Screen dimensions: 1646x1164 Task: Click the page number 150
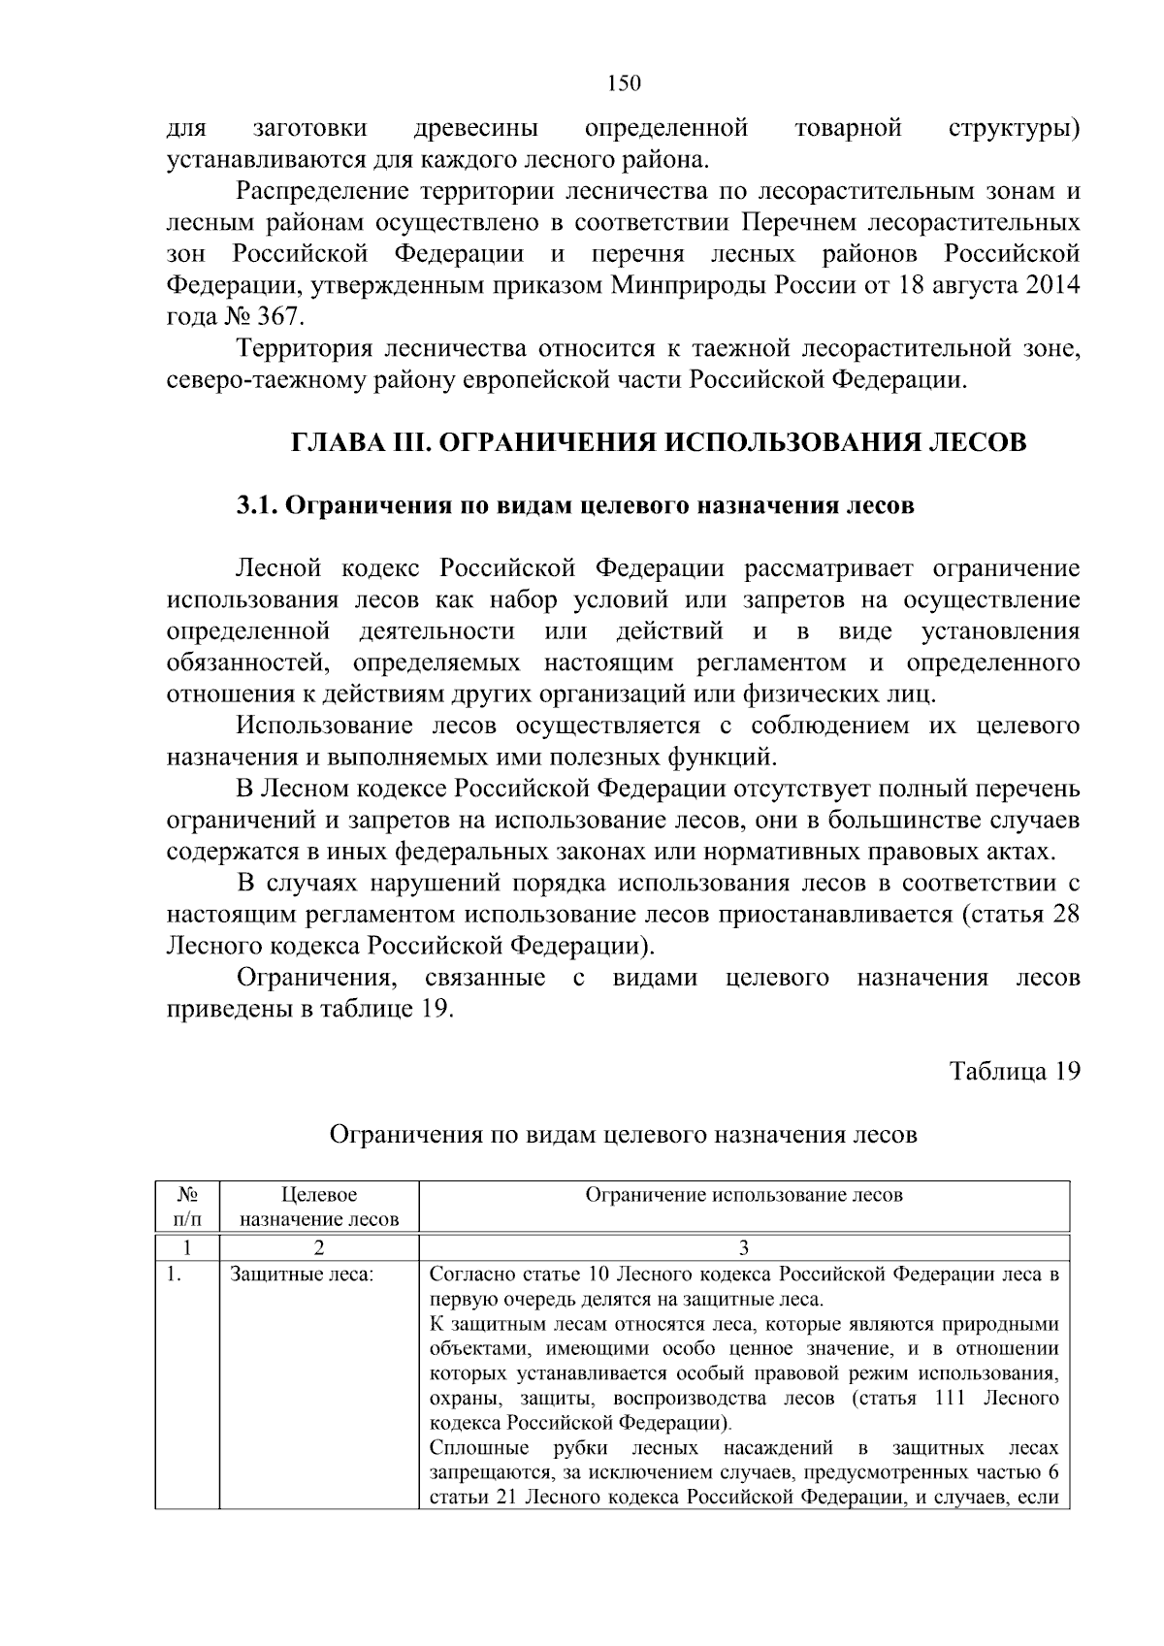[x=624, y=83]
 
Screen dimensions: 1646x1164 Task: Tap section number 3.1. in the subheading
[x=258, y=506]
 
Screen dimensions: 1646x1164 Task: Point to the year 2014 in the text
[x=1051, y=286]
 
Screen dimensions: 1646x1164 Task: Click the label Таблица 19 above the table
[x=1015, y=1071]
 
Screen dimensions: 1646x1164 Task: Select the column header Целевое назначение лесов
[x=319, y=1207]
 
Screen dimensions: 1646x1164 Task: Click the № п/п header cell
[x=188, y=1207]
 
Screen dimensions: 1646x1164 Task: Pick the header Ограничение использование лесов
[x=744, y=1195]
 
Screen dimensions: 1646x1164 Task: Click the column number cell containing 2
[x=319, y=1247]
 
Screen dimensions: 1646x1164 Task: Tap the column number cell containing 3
[x=744, y=1247]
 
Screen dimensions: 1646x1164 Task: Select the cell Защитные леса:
[x=301, y=1275]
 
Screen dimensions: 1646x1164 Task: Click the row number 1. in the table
[x=175, y=1275]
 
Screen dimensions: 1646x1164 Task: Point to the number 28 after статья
[x=1066, y=915]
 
